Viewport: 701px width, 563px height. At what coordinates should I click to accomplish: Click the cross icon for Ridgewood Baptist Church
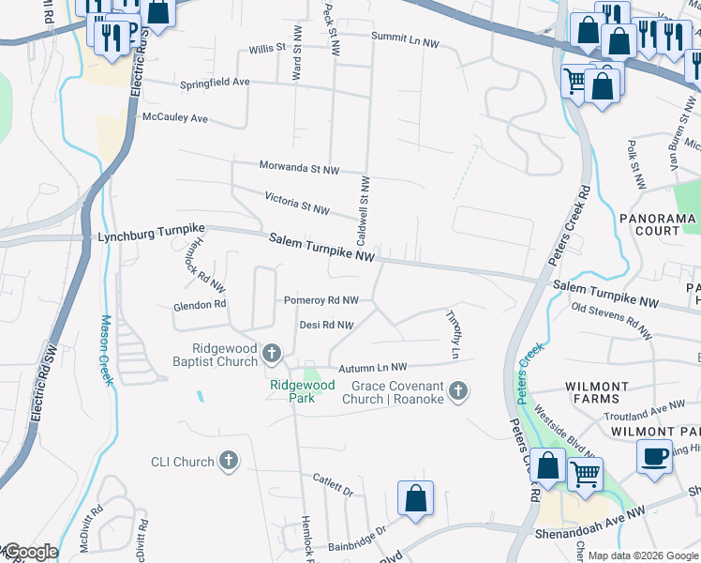[272, 353]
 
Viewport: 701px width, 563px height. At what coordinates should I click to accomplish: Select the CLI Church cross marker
[228, 461]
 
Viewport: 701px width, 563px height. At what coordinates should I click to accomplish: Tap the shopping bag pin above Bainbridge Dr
[415, 498]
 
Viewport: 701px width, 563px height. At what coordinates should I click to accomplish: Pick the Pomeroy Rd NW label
[321, 300]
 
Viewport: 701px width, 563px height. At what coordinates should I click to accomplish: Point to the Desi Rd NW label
[325, 326]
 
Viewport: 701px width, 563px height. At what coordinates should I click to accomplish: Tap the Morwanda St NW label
[299, 168]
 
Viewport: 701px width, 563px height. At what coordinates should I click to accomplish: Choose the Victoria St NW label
[297, 203]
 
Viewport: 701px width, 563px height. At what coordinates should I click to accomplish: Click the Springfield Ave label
[216, 83]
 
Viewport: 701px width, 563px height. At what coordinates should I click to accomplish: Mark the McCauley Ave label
[174, 118]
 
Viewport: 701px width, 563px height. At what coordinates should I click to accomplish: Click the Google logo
[29, 552]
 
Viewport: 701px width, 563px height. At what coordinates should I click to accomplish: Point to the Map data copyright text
[642, 555]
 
